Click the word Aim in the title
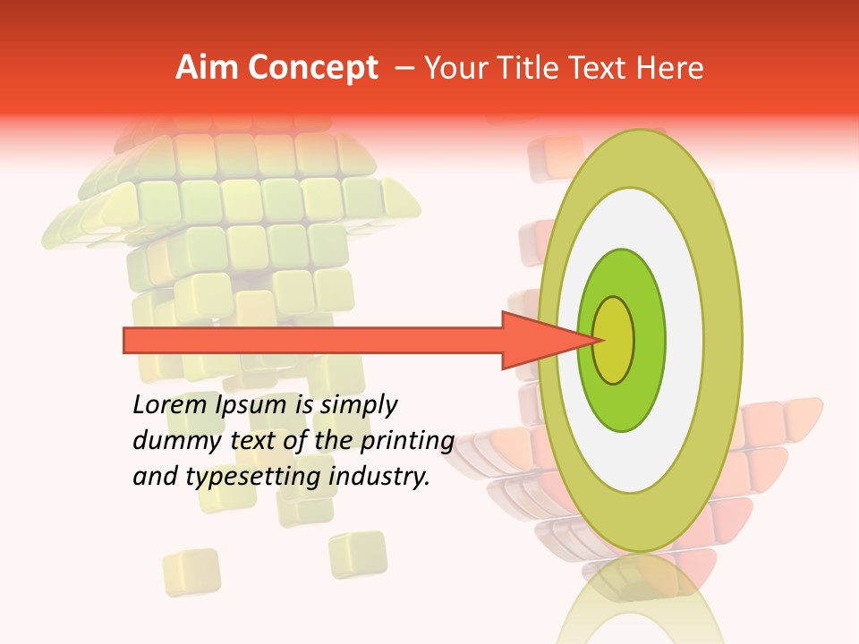click(x=206, y=68)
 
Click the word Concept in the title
click(x=311, y=68)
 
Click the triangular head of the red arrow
click(x=546, y=340)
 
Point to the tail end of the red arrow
click(x=130, y=340)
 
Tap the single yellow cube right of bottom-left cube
click(x=357, y=554)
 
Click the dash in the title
click(x=404, y=68)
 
